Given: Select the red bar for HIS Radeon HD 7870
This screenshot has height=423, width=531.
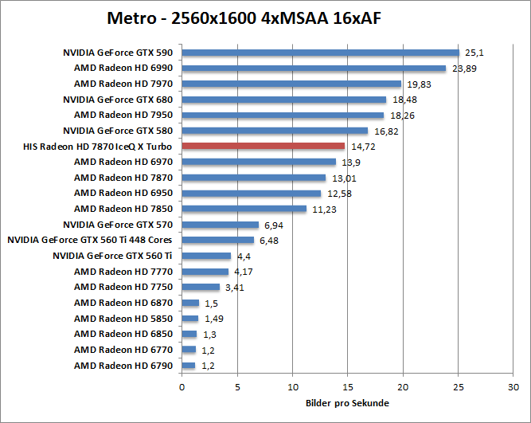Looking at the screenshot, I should click(264, 147).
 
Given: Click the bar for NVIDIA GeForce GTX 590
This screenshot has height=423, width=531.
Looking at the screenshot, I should click(321, 53).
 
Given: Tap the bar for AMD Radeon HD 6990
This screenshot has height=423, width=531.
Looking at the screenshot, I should click(314, 69).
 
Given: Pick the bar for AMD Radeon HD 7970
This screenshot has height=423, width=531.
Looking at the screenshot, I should click(291, 84).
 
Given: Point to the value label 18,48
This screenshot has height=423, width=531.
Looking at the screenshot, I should click(404, 100).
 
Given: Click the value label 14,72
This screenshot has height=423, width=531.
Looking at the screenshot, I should click(362, 147).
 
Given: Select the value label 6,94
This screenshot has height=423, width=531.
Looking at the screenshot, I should click(274, 225).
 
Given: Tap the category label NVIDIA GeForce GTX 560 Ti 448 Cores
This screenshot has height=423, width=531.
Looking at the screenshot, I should click(90, 240).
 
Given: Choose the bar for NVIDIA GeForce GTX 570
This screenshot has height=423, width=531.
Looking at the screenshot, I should click(221, 225).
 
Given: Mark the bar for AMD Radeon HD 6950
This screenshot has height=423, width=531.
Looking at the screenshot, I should click(252, 193).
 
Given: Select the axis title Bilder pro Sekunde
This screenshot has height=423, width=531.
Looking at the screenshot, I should click(348, 403).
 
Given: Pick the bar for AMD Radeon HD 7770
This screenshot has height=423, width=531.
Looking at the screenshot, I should click(205, 272).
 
